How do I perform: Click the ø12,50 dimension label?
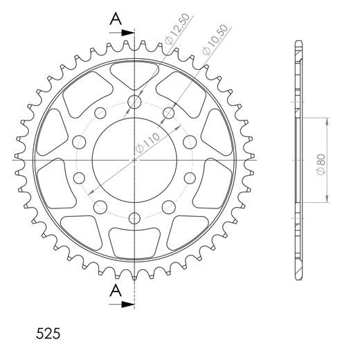pos(178,29)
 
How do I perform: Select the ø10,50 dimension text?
pos(215,39)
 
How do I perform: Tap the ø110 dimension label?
pos(147,143)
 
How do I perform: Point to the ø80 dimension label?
pos(321,165)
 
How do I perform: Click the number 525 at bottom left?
pos(48,334)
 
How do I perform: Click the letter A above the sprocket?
pos(116,19)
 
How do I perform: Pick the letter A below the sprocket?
pos(116,291)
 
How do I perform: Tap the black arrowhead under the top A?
pos(128,33)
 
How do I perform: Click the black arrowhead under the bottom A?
pos(128,305)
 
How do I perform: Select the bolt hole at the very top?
pos(134,102)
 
